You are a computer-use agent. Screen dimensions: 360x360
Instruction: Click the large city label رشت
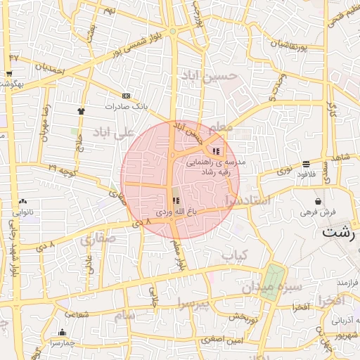[x=339, y=231]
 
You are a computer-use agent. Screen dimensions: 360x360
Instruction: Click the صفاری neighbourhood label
[x=97, y=239]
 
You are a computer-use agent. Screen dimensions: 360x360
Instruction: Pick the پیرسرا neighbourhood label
[x=191, y=304]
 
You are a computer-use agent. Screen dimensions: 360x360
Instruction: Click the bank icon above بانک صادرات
[x=126, y=96]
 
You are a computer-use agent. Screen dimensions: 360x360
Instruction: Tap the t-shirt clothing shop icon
[x=81, y=110]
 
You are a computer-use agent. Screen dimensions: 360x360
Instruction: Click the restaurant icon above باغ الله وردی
[x=175, y=201]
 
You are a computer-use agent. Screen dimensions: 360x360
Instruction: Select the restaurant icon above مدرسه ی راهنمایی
[x=215, y=150]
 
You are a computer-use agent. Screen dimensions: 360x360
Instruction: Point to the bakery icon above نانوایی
[x=22, y=201]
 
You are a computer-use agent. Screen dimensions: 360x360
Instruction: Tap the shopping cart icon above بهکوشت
[x=8, y=73]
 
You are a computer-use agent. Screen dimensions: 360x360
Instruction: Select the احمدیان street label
[x=50, y=69]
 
